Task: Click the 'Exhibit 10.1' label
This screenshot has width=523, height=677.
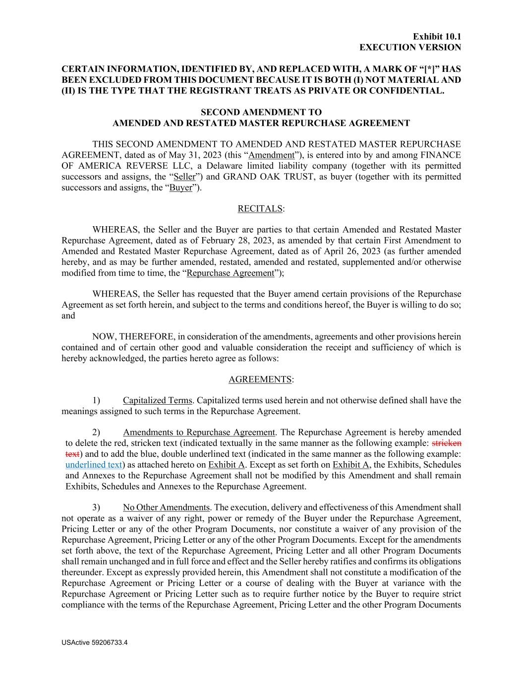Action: [437, 36]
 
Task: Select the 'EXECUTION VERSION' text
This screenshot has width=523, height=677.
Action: [410, 47]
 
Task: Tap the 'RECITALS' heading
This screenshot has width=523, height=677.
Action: [260, 209]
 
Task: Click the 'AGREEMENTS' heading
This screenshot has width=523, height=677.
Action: [260, 379]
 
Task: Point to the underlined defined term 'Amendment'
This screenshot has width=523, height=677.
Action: [271, 155]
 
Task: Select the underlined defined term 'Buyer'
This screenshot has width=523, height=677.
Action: [180, 188]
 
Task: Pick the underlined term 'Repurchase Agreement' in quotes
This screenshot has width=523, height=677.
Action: [230, 273]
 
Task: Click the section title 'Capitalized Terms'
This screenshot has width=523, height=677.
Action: [157, 400]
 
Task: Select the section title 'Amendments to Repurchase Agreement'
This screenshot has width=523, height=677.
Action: [199, 432]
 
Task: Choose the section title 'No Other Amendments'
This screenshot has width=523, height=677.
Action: [166, 507]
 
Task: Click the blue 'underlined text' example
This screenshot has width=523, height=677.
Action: [94, 465]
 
